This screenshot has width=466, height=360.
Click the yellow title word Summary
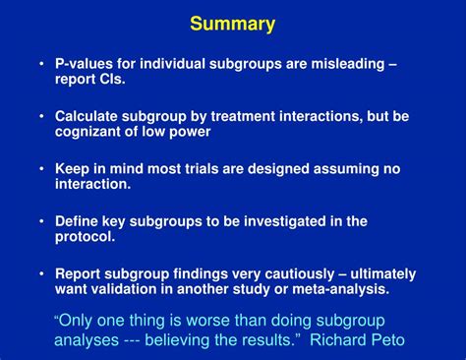(233, 24)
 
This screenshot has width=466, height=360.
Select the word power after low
(191, 132)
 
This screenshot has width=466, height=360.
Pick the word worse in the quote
(225, 321)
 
